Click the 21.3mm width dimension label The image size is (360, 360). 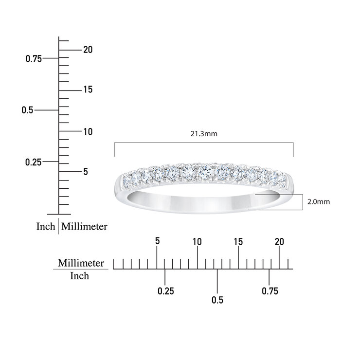[x=204, y=134]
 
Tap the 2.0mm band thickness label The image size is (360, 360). [x=319, y=201]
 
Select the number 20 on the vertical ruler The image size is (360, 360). [x=88, y=50]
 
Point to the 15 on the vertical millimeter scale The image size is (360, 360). [x=88, y=90]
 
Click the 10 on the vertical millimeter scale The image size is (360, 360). [x=88, y=131]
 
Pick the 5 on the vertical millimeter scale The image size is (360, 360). [x=86, y=172]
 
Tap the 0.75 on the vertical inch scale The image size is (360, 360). [x=34, y=59]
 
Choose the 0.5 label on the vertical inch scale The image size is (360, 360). [x=27, y=110]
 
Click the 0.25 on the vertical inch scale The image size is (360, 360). [x=33, y=162]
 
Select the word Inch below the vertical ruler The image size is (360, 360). [x=46, y=226]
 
